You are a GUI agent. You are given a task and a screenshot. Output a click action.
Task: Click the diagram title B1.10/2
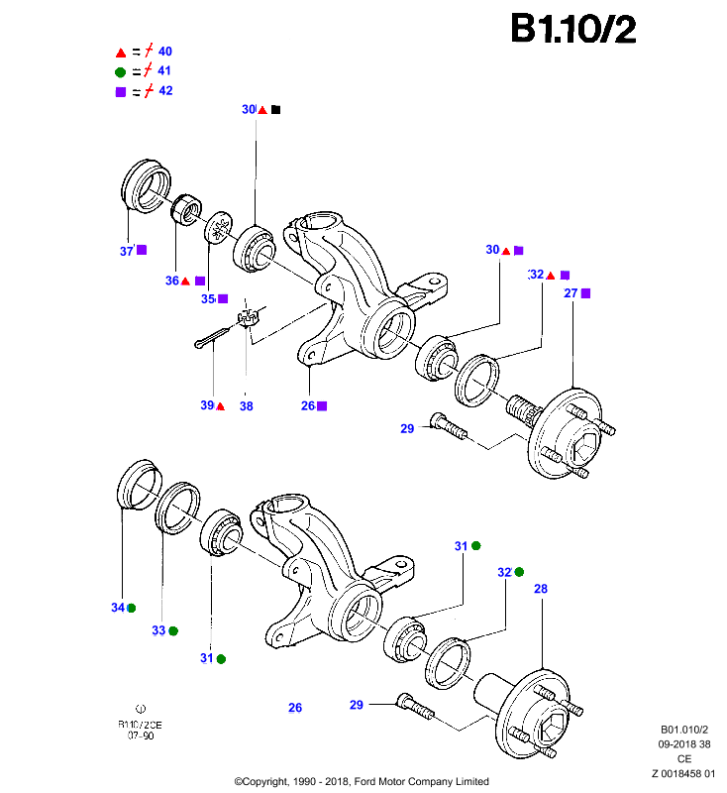pyautogui.click(x=572, y=29)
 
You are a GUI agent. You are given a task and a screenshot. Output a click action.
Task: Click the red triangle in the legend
pyautogui.click(x=121, y=53)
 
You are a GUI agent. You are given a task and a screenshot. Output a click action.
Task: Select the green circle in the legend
pyautogui.click(x=120, y=72)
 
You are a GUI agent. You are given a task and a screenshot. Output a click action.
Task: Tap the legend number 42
pyautogui.click(x=165, y=90)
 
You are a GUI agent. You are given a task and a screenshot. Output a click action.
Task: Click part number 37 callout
pyautogui.click(x=127, y=251)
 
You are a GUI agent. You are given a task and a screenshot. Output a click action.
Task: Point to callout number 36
pyautogui.click(x=172, y=281)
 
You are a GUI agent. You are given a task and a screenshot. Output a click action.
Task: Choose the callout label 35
pyautogui.click(x=208, y=299)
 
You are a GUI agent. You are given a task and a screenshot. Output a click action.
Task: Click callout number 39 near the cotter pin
pyautogui.click(x=207, y=405)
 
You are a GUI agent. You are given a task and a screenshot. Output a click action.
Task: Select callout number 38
pyautogui.click(x=246, y=406)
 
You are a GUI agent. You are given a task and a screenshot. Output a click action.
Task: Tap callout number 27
pyautogui.click(x=571, y=293)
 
